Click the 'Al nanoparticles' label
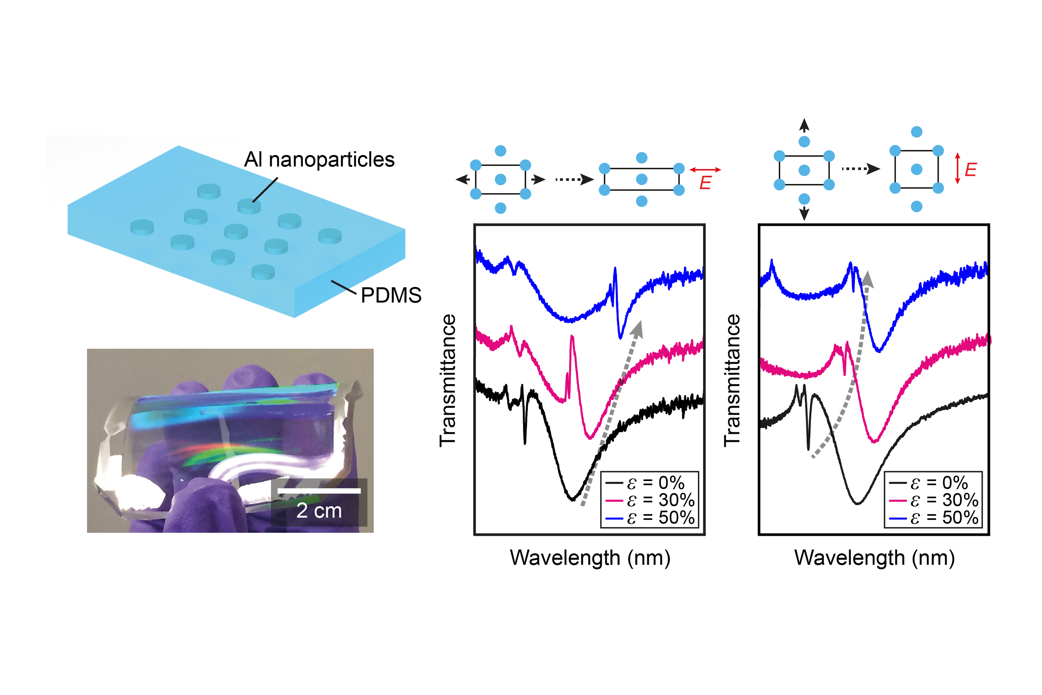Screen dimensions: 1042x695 pos(319,160)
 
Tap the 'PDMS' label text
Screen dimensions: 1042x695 pos(391,295)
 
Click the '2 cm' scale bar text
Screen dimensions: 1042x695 pos(319,511)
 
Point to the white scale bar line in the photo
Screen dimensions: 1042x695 pos(319,491)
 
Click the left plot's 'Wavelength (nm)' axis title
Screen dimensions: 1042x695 pos(590,558)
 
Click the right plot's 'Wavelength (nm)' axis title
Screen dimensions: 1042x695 pos(874,558)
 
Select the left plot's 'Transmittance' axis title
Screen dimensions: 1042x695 pos(447,380)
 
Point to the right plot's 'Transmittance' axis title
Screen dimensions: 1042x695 pos(732,380)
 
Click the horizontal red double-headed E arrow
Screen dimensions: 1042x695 pos(705,170)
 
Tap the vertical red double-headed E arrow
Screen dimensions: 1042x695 pos(957,169)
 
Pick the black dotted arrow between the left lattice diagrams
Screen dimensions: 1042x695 pos(575,180)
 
